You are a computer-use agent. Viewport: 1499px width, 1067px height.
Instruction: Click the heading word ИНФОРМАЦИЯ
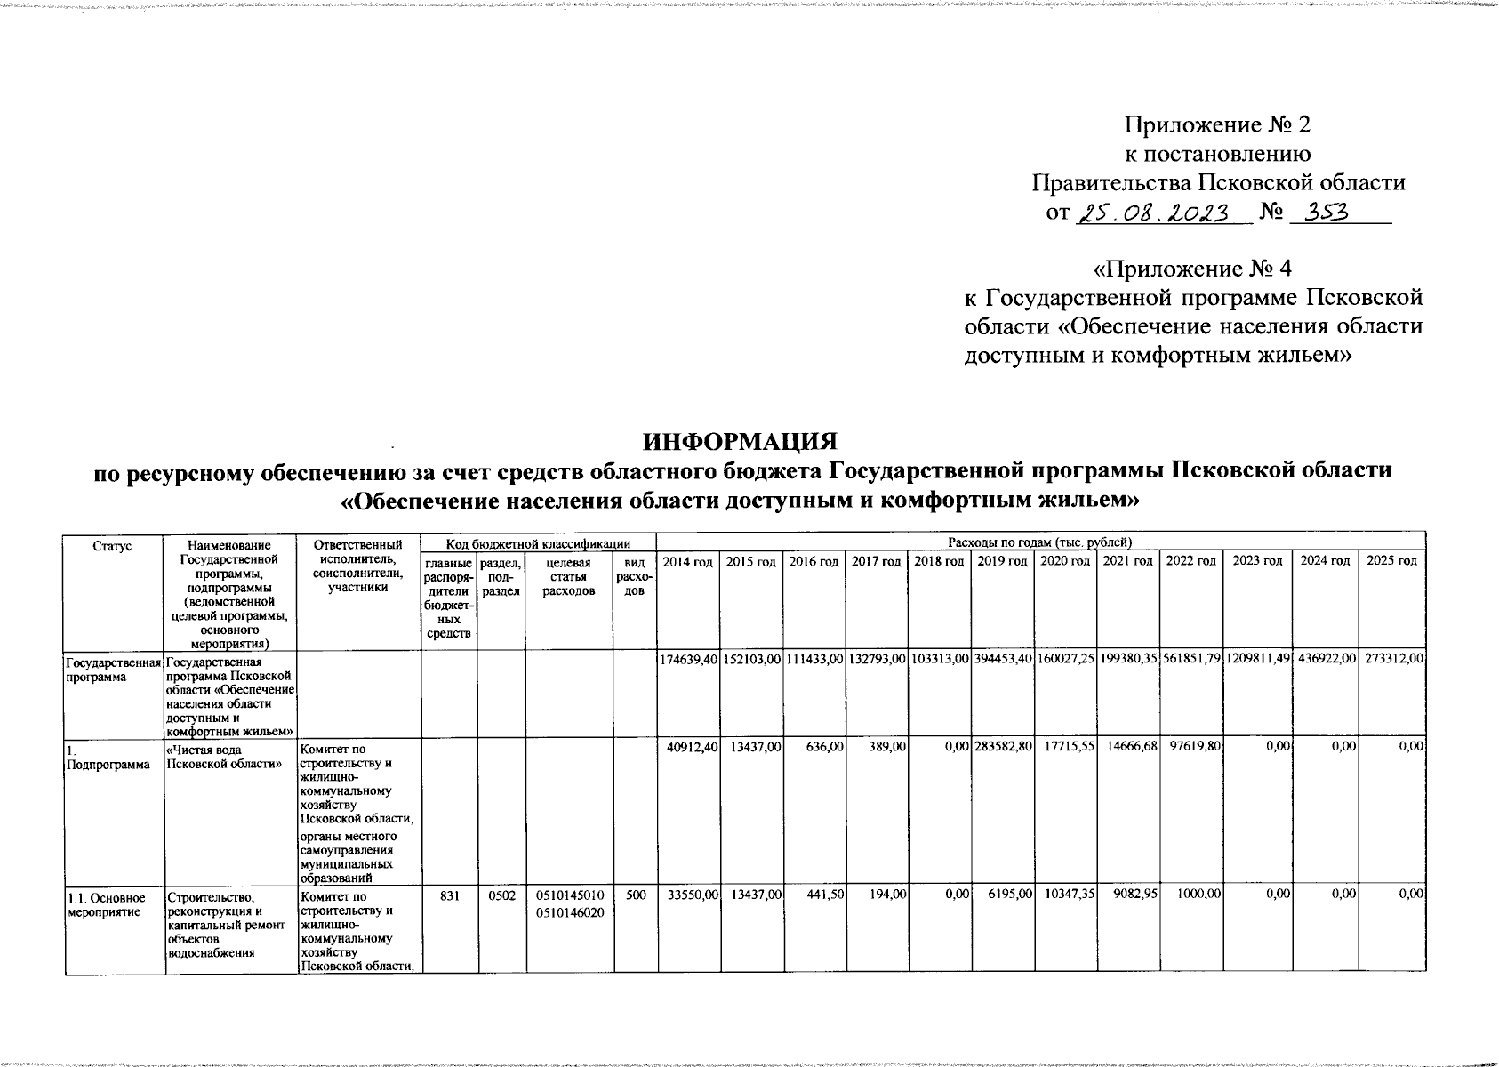741,442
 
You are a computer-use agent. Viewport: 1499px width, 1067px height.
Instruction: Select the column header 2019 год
1002,561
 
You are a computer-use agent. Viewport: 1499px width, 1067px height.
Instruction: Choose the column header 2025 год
1392,561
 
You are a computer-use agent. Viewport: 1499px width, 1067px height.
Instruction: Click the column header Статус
113,545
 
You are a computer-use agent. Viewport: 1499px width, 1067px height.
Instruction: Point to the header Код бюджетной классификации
538,543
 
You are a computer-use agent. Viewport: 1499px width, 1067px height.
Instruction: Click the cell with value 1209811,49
1257,658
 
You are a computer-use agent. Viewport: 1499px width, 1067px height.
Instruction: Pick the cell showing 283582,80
1002,747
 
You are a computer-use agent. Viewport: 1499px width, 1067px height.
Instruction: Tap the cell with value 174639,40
688,658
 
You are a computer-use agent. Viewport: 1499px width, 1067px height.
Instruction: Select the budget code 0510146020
568,912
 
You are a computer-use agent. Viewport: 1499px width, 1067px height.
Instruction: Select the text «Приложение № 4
1193,268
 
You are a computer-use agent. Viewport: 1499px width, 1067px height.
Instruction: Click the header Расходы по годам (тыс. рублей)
1039,542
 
